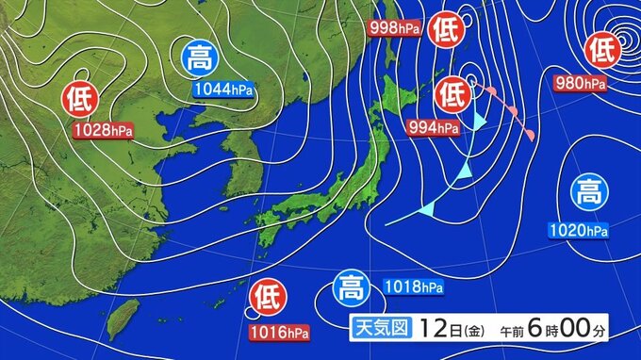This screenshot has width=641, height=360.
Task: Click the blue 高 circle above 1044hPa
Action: click(199, 59)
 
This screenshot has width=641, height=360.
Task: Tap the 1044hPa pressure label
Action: click(223, 90)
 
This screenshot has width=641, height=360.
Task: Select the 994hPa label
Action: click(434, 126)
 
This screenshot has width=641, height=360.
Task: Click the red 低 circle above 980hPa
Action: click(600, 49)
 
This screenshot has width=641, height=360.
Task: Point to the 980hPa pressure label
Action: click(580, 84)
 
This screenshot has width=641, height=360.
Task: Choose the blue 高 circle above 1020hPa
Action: click(589, 195)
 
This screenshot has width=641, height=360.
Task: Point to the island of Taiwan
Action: click(119, 320)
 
